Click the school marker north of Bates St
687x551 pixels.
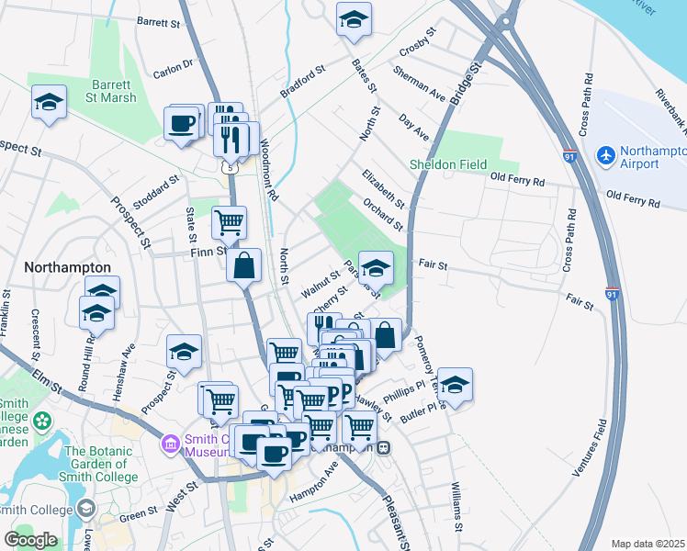click(352, 20)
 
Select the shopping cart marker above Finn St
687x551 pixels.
click(229, 221)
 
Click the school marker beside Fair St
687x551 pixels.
click(375, 268)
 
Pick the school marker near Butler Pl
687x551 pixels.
click(454, 385)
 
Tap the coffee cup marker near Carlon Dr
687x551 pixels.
click(182, 122)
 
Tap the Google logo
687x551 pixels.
click(31, 540)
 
